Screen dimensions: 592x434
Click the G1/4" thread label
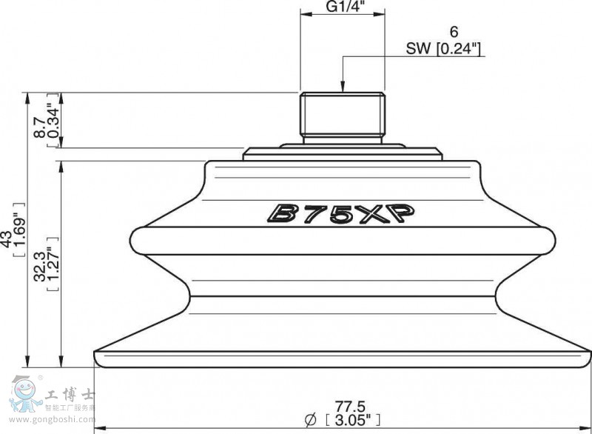[x=343, y=7]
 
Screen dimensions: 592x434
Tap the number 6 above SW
[x=454, y=32]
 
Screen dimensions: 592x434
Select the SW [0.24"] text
[x=444, y=49]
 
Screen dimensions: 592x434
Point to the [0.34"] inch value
[x=53, y=120]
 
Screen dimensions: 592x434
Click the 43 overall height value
[x=7, y=239]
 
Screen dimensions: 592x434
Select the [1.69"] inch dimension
[x=19, y=230]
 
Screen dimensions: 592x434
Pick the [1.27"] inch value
[x=53, y=264]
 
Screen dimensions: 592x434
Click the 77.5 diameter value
[x=350, y=407]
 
